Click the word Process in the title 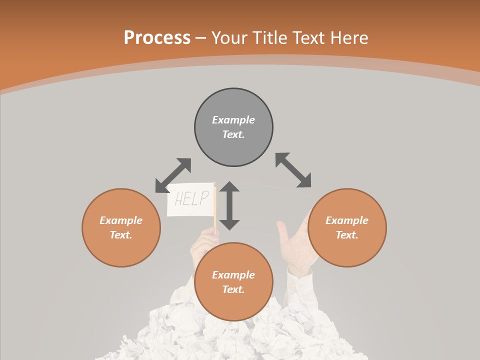pos(157,38)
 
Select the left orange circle pos(121,250)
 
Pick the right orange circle pos(347,250)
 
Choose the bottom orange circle pos(233,305)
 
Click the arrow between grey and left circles pos(173,175)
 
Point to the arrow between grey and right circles pos(293,170)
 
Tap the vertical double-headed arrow pos(229,205)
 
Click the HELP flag pos(190,199)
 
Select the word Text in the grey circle pos(233,134)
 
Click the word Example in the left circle pos(121,220)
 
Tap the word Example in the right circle pos(347,220)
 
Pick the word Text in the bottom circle pos(233,289)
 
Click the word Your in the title pos(229,38)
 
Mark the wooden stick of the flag pos(215,210)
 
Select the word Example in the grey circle pos(233,120)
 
